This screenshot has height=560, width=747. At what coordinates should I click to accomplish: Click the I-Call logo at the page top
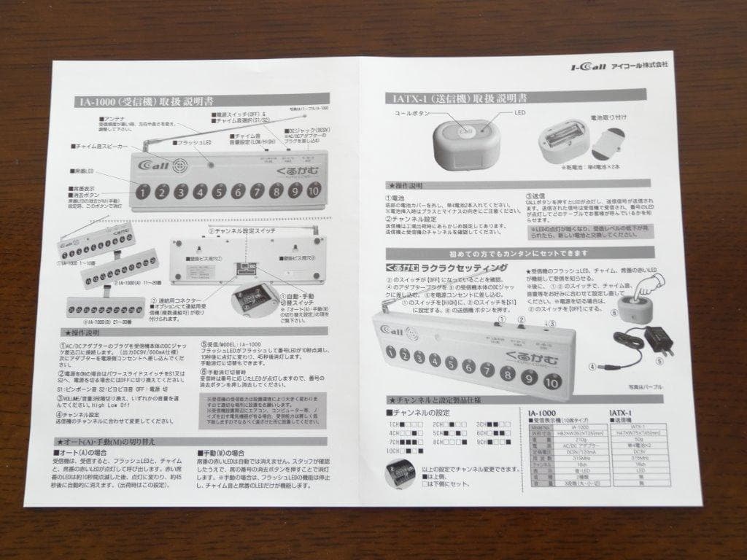click(587, 66)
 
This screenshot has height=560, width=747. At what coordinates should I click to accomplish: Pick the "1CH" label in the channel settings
click(394, 424)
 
